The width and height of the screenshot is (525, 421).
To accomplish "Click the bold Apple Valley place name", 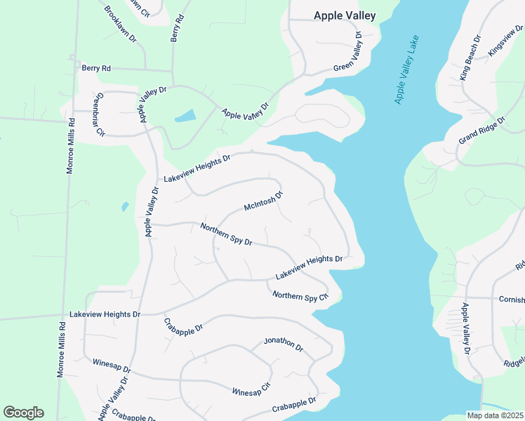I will (345, 15).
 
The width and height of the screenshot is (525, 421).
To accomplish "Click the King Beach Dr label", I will (470, 58).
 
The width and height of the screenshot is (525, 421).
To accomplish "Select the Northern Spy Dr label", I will (226, 234).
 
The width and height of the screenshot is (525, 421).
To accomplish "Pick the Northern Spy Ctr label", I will (300, 296).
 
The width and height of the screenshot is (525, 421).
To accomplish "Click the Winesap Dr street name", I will (112, 367).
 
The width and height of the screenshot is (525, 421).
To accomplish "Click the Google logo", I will (23, 413).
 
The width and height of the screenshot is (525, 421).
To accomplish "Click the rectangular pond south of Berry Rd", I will (185, 116).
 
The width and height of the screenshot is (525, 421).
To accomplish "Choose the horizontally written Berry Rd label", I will (96, 68).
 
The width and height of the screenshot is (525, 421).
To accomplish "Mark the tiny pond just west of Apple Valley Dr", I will (125, 206).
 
